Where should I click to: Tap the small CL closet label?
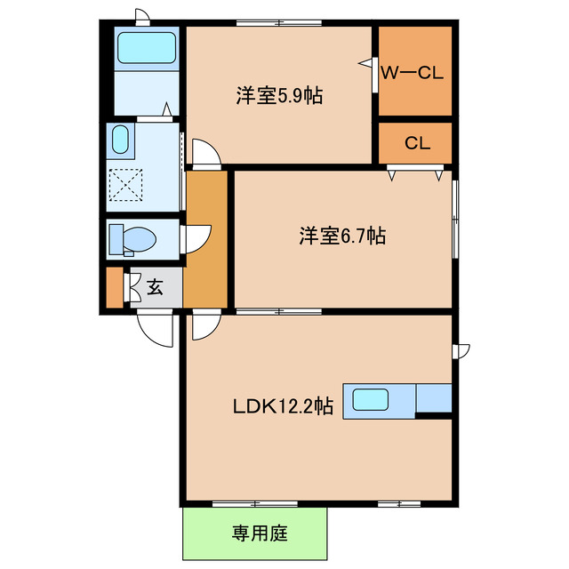(417, 143)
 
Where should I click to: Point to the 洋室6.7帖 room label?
(341, 236)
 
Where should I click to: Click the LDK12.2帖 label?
(283, 407)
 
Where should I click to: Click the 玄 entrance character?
(155, 287)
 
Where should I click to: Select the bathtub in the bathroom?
(147, 46)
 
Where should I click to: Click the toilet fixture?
(131, 239)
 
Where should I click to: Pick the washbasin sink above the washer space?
(121, 140)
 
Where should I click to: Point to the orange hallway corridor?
(206, 240)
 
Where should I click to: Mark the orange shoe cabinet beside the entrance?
(113, 287)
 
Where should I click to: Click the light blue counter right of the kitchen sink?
(433, 399)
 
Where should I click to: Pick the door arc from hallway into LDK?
(201, 326)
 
